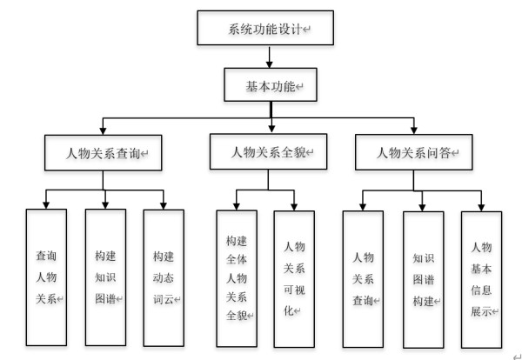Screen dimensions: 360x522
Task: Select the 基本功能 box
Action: coord(270,87)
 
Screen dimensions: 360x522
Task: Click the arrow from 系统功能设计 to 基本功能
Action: coord(271,57)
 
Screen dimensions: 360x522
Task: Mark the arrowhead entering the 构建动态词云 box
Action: coord(164,205)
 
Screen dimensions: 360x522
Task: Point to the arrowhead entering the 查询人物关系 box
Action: coord(48,205)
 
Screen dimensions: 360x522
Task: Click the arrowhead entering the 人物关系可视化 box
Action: coord(295,205)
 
